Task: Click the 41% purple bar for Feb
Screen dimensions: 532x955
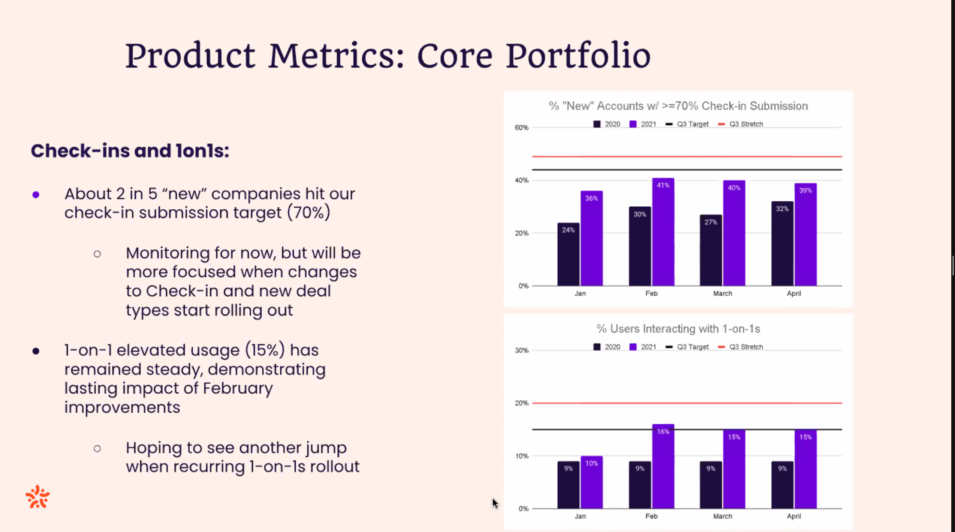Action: coord(663,233)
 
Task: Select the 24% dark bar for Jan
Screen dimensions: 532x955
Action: coord(568,255)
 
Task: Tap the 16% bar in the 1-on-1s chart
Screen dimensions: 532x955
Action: coord(663,467)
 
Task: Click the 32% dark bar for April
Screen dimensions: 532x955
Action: coord(782,244)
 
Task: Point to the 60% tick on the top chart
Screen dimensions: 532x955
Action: coord(521,128)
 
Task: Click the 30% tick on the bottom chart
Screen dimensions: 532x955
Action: coord(521,350)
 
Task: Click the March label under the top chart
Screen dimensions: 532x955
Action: coord(722,293)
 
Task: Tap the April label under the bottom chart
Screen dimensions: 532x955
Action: coord(793,516)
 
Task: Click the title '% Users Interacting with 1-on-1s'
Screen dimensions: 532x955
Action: coord(678,329)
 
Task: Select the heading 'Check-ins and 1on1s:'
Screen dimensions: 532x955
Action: coord(130,151)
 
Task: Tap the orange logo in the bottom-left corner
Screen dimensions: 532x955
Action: coord(37,497)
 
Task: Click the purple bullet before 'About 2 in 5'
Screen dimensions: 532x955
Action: coord(36,195)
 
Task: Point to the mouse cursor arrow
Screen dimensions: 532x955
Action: coord(495,503)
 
